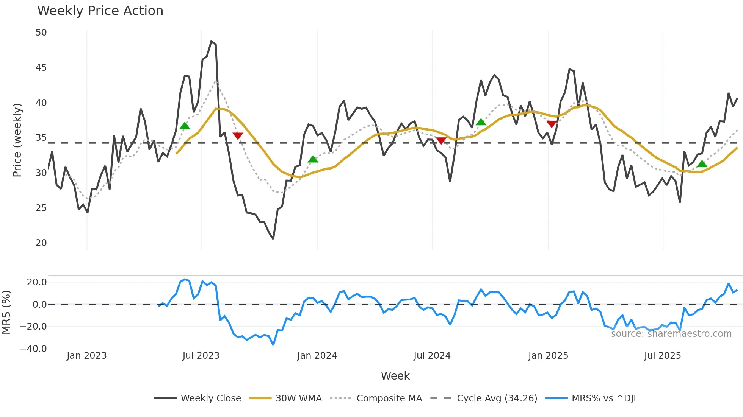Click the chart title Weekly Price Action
100,11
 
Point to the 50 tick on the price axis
41,33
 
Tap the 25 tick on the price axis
41,208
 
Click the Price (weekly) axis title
17,140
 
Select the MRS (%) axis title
6,312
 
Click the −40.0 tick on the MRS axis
33,349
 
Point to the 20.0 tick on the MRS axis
37,282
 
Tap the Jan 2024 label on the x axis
317,356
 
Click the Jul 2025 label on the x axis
662,356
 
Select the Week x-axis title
395,376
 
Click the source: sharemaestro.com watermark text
671,333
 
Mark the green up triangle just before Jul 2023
185,126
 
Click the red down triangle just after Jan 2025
552,124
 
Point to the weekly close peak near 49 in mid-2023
212,41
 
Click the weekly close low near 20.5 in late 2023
273,238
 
